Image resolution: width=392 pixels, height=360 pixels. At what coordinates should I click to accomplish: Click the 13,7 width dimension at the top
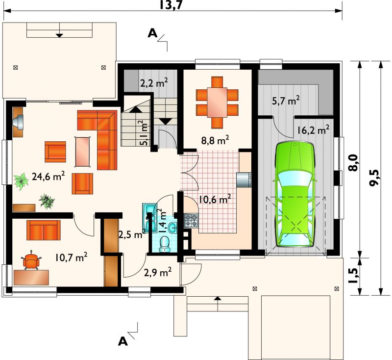171,5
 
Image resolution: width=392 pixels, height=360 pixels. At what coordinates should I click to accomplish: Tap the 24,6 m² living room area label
49,176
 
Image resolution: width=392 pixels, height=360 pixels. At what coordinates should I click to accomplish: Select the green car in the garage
294,195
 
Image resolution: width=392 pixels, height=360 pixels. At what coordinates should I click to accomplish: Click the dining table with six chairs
217,103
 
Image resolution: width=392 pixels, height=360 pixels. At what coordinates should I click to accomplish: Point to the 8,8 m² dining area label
215,140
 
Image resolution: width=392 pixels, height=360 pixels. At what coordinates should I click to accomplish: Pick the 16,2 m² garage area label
313,130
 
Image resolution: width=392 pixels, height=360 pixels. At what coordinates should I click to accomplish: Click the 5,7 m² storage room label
286,101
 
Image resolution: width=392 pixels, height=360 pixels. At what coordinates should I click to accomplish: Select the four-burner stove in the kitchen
191,221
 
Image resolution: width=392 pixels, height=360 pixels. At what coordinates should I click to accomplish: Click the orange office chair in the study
31,260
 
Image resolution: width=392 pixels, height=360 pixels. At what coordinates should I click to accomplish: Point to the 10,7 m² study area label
71,257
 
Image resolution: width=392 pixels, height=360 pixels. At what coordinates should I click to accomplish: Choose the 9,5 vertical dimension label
375,178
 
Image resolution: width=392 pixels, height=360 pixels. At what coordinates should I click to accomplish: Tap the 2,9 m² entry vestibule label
158,272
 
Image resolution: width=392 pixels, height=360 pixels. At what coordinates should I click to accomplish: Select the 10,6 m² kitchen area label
215,200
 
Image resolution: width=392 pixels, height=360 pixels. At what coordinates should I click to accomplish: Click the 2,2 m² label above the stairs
153,83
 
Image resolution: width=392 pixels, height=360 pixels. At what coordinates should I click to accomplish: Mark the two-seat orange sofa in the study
44,230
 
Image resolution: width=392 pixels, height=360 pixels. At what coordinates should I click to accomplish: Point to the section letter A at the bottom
123,341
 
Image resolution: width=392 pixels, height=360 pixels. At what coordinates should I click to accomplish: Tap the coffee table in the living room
82,152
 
